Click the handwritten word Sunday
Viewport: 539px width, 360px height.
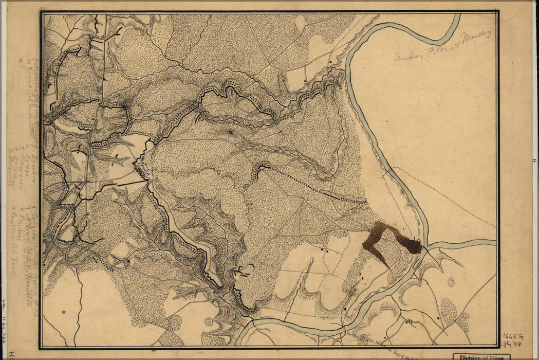(x=408, y=53)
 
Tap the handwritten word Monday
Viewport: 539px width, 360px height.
(x=475, y=37)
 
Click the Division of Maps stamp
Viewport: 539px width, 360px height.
(x=480, y=356)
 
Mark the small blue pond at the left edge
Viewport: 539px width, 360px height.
(x=48, y=239)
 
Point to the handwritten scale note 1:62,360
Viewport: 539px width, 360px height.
(x=5, y=319)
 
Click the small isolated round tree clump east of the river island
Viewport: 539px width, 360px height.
(x=451, y=282)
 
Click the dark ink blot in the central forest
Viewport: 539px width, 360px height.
(x=231, y=133)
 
